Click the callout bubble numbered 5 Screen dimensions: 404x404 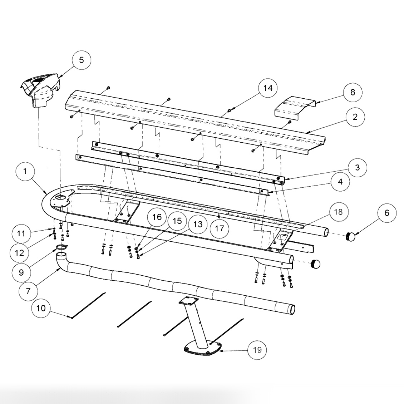(82, 60)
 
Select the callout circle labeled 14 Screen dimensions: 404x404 (268, 88)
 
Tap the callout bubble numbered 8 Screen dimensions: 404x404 (353, 92)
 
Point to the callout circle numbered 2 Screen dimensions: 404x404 (355, 117)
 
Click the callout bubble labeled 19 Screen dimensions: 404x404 (257, 350)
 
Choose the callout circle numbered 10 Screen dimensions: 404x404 (41, 308)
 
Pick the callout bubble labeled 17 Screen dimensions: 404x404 (220, 228)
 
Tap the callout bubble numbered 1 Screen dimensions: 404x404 (25, 171)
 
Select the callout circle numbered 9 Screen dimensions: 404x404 (21, 272)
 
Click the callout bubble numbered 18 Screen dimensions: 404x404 (338, 212)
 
